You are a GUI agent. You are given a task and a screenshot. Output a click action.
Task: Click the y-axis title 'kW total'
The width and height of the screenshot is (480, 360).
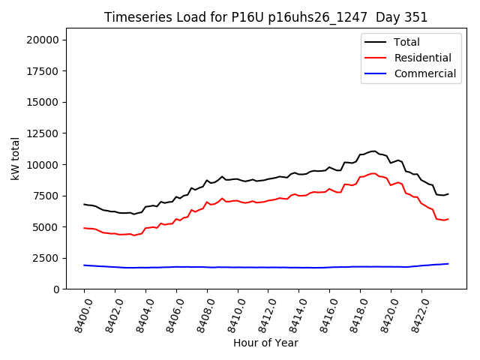pyautogui.click(x=15, y=159)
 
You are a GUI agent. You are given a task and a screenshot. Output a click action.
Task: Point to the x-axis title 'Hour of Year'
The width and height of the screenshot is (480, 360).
pyautogui.click(x=265, y=343)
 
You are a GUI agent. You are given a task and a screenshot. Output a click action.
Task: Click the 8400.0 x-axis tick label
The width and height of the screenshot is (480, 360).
pyautogui.click(x=79, y=315)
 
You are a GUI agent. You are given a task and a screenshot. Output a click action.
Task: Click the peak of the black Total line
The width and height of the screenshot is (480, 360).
pyautogui.click(x=373, y=151)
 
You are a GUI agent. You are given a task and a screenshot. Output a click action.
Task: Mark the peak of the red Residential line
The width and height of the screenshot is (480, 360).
pyautogui.click(x=373, y=173)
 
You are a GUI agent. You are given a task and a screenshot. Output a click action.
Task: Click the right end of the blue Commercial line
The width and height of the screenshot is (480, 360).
pyautogui.click(x=448, y=264)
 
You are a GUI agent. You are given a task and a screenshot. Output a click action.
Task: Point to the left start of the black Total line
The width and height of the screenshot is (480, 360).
pyautogui.click(x=84, y=204)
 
